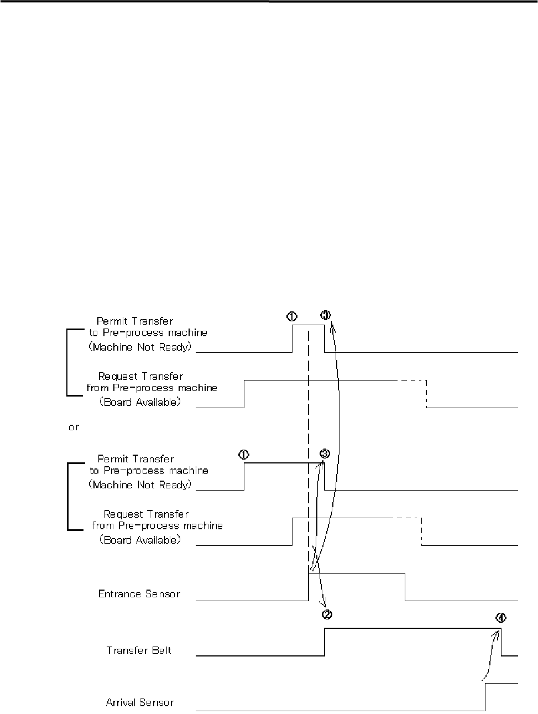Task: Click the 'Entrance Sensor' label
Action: click(x=139, y=593)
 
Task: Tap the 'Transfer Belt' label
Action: click(x=139, y=650)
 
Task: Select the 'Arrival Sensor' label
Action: click(x=140, y=703)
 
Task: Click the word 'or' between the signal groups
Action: click(x=74, y=428)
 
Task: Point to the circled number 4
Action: click(x=500, y=618)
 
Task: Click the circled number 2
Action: click(x=327, y=614)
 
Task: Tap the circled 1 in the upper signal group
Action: click(x=291, y=316)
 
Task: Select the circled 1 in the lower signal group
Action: click(x=243, y=454)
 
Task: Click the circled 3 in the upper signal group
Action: click(x=325, y=315)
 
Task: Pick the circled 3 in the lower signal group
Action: click(x=325, y=454)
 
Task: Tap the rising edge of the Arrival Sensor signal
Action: click(x=485, y=697)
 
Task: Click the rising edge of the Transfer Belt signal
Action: click(x=325, y=642)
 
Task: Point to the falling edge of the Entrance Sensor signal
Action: click(x=405, y=587)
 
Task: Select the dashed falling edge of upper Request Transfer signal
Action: click(x=426, y=394)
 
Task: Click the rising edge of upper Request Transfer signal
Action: click(x=244, y=394)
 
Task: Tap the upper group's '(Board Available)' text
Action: click(x=140, y=402)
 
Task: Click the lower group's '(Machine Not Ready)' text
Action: click(x=140, y=484)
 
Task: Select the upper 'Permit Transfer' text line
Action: click(x=135, y=321)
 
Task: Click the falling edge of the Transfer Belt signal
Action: click(x=502, y=642)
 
